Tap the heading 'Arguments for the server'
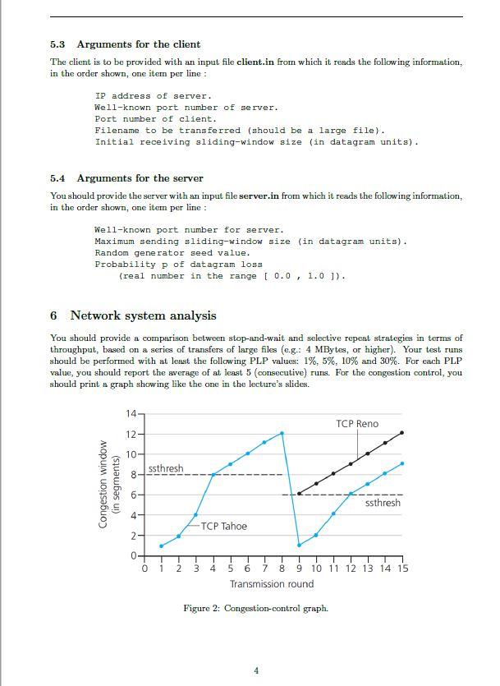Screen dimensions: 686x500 point(140,178)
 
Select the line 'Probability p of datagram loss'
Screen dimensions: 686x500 point(178,265)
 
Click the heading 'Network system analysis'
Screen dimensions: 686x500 point(143,315)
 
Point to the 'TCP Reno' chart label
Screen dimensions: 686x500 point(357,424)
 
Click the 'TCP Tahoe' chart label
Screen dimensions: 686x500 point(223,526)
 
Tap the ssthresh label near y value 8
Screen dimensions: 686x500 point(166,468)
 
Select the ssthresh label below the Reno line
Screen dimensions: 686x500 point(383,502)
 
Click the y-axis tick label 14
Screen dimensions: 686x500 point(131,412)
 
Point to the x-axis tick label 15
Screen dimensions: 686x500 point(401,569)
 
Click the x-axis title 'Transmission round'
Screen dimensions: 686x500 point(272,584)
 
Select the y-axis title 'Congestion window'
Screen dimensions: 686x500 point(103,485)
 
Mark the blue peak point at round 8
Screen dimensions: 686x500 point(282,433)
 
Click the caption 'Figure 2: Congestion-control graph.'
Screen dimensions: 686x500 point(255,608)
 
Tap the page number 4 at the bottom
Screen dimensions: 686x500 point(255,670)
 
